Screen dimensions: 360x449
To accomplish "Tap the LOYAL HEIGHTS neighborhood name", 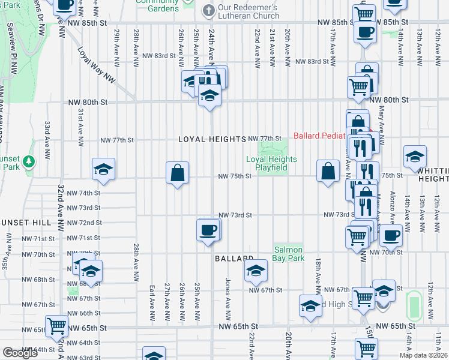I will click(212, 139).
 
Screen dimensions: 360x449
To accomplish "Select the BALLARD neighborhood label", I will click(234, 259).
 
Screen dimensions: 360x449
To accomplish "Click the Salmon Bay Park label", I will click(289, 254).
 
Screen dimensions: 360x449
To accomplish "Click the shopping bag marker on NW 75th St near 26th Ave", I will click(178, 173).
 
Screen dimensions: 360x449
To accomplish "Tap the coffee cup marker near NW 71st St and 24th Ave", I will click(208, 230).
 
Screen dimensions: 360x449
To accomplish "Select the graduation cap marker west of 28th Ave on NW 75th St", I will click(103, 170).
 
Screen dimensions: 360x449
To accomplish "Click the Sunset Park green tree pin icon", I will click(29, 161).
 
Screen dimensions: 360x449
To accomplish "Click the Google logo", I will click(20, 353).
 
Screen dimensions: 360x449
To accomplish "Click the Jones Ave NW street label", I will click(228, 298).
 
